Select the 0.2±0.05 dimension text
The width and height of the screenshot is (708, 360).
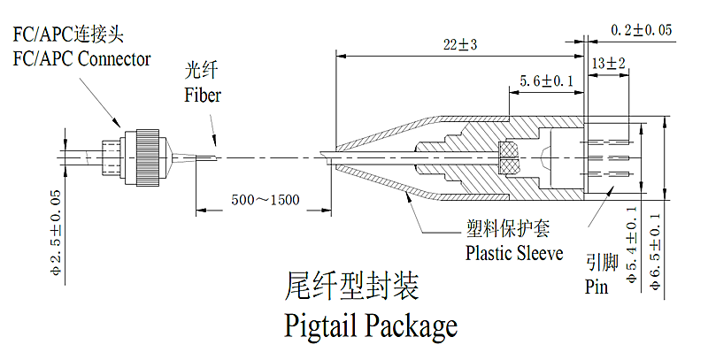642,30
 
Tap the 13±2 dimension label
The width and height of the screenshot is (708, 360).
609,64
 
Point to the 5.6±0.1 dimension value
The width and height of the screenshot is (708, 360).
546,81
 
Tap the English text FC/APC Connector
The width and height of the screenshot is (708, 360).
81,59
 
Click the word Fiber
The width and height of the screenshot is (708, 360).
203,95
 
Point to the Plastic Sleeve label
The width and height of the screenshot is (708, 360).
514,254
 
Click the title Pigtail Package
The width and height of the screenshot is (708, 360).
371,326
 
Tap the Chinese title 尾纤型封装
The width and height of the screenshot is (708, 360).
352,287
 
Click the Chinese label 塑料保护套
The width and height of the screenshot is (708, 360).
509,230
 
